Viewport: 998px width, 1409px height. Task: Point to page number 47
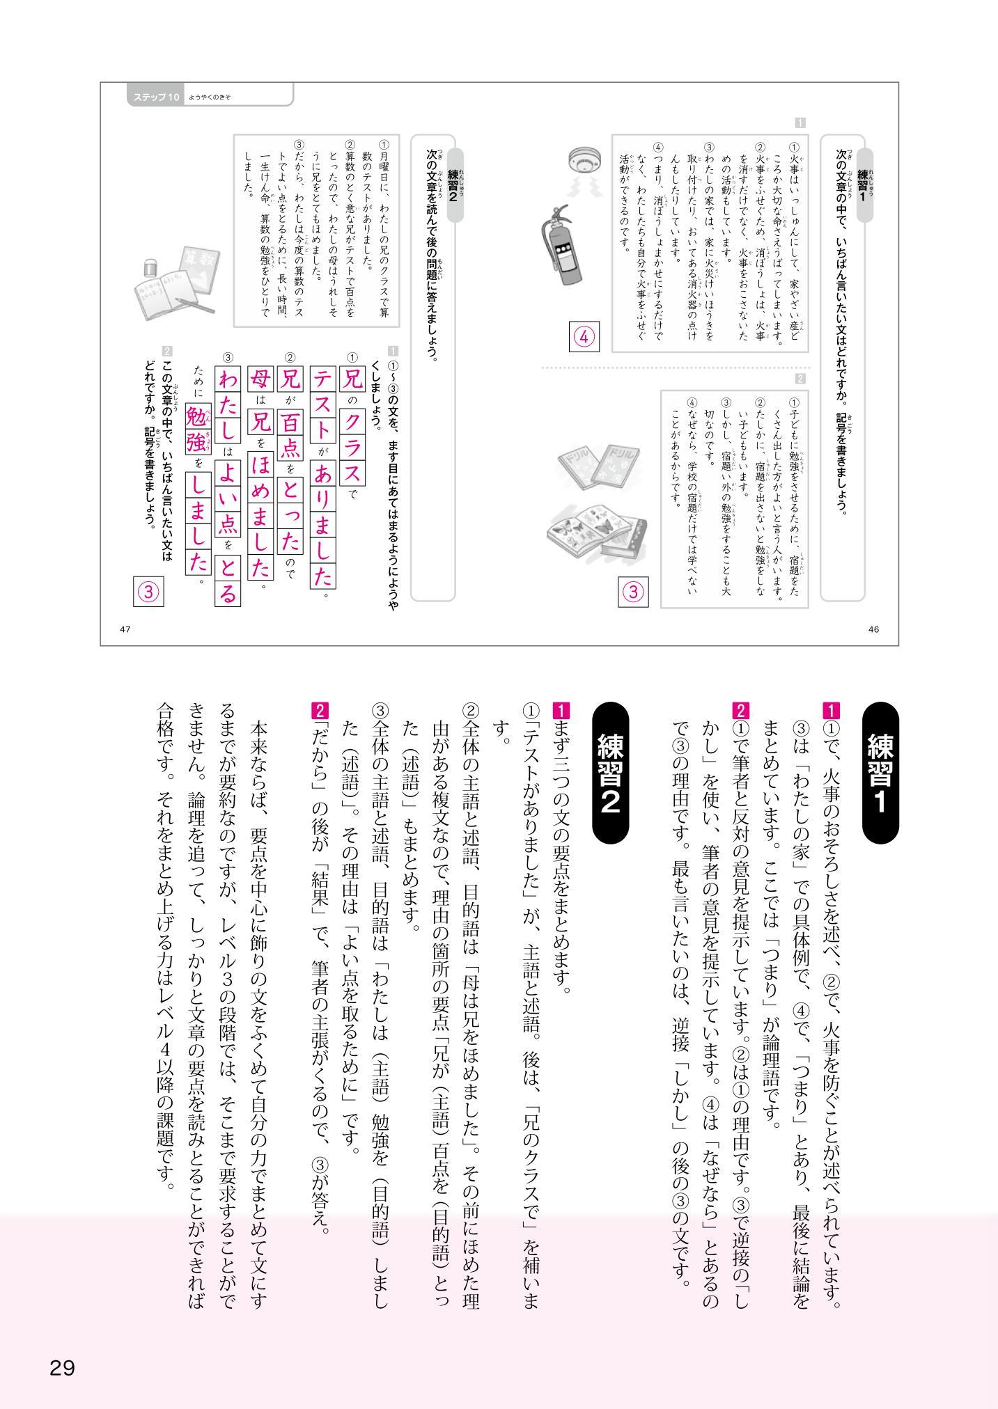(125, 629)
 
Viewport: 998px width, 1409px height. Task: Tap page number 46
(874, 629)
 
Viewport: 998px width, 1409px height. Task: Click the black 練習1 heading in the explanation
(880, 772)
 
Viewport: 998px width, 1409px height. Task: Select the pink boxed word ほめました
(260, 514)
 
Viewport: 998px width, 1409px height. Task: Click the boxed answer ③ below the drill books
(632, 592)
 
